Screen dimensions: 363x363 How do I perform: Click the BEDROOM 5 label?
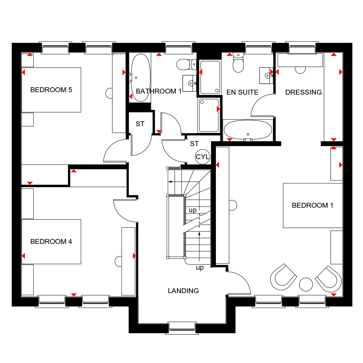click(51, 90)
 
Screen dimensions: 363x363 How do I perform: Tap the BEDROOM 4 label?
click(51, 242)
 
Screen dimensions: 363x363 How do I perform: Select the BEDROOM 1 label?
click(313, 205)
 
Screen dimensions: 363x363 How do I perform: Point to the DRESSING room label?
click(303, 93)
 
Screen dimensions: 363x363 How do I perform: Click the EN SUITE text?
click(242, 93)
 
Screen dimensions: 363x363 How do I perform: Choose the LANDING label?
click(183, 291)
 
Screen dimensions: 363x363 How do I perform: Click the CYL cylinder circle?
click(202, 157)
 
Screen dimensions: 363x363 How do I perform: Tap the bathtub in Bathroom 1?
click(140, 78)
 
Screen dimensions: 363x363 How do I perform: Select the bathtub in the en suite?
click(248, 130)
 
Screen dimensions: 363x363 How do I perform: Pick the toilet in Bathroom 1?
click(186, 65)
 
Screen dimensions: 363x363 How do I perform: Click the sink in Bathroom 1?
click(189, 83)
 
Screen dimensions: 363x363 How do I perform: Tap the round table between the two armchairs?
click(306, 284)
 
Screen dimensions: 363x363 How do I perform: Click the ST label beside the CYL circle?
click(194, 144)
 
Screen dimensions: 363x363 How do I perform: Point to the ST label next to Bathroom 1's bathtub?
click(140, 124)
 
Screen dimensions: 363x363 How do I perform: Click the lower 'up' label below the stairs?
click(200, 268)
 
